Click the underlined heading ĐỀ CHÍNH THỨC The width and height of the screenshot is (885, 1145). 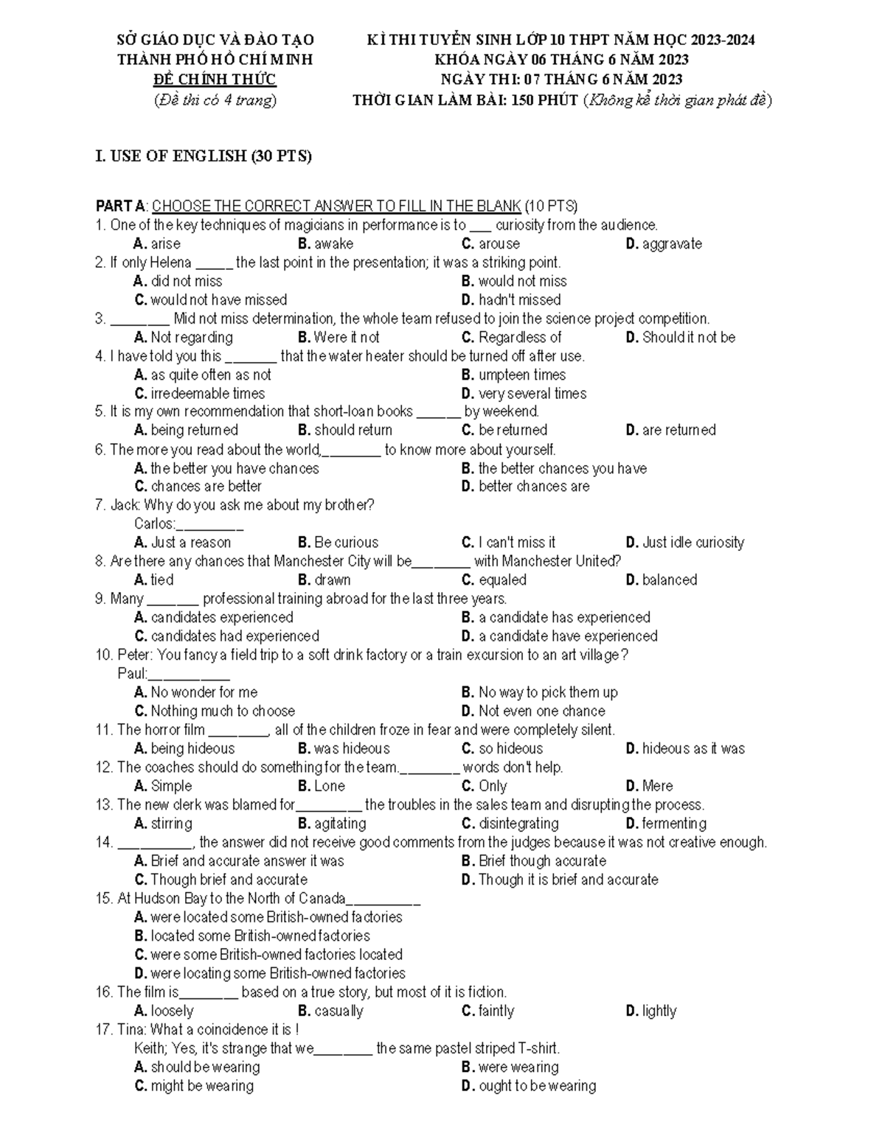(x=215, y=80)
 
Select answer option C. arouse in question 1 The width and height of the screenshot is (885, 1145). (x=490, y=244)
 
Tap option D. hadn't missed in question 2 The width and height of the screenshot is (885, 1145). (x=511, y=300)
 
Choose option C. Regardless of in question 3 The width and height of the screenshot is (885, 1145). (x=511, y=338)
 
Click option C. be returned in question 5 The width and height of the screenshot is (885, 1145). (x=504, y=430)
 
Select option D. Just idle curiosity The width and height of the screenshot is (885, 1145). (x=684, y=543)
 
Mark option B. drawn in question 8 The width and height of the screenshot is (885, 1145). (x=324, y=580)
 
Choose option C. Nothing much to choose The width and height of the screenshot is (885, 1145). (x=215, y=711)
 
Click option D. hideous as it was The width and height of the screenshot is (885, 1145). (x=685, y=749)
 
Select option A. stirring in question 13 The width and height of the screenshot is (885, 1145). (x=163, y=824)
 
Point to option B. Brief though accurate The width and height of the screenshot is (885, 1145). (x=534, y=861)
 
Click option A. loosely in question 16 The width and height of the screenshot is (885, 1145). (x=164, y=1012)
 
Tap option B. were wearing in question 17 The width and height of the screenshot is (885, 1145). (x=510, y=1068)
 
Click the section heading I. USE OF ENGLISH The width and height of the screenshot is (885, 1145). (x=204, y=156)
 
